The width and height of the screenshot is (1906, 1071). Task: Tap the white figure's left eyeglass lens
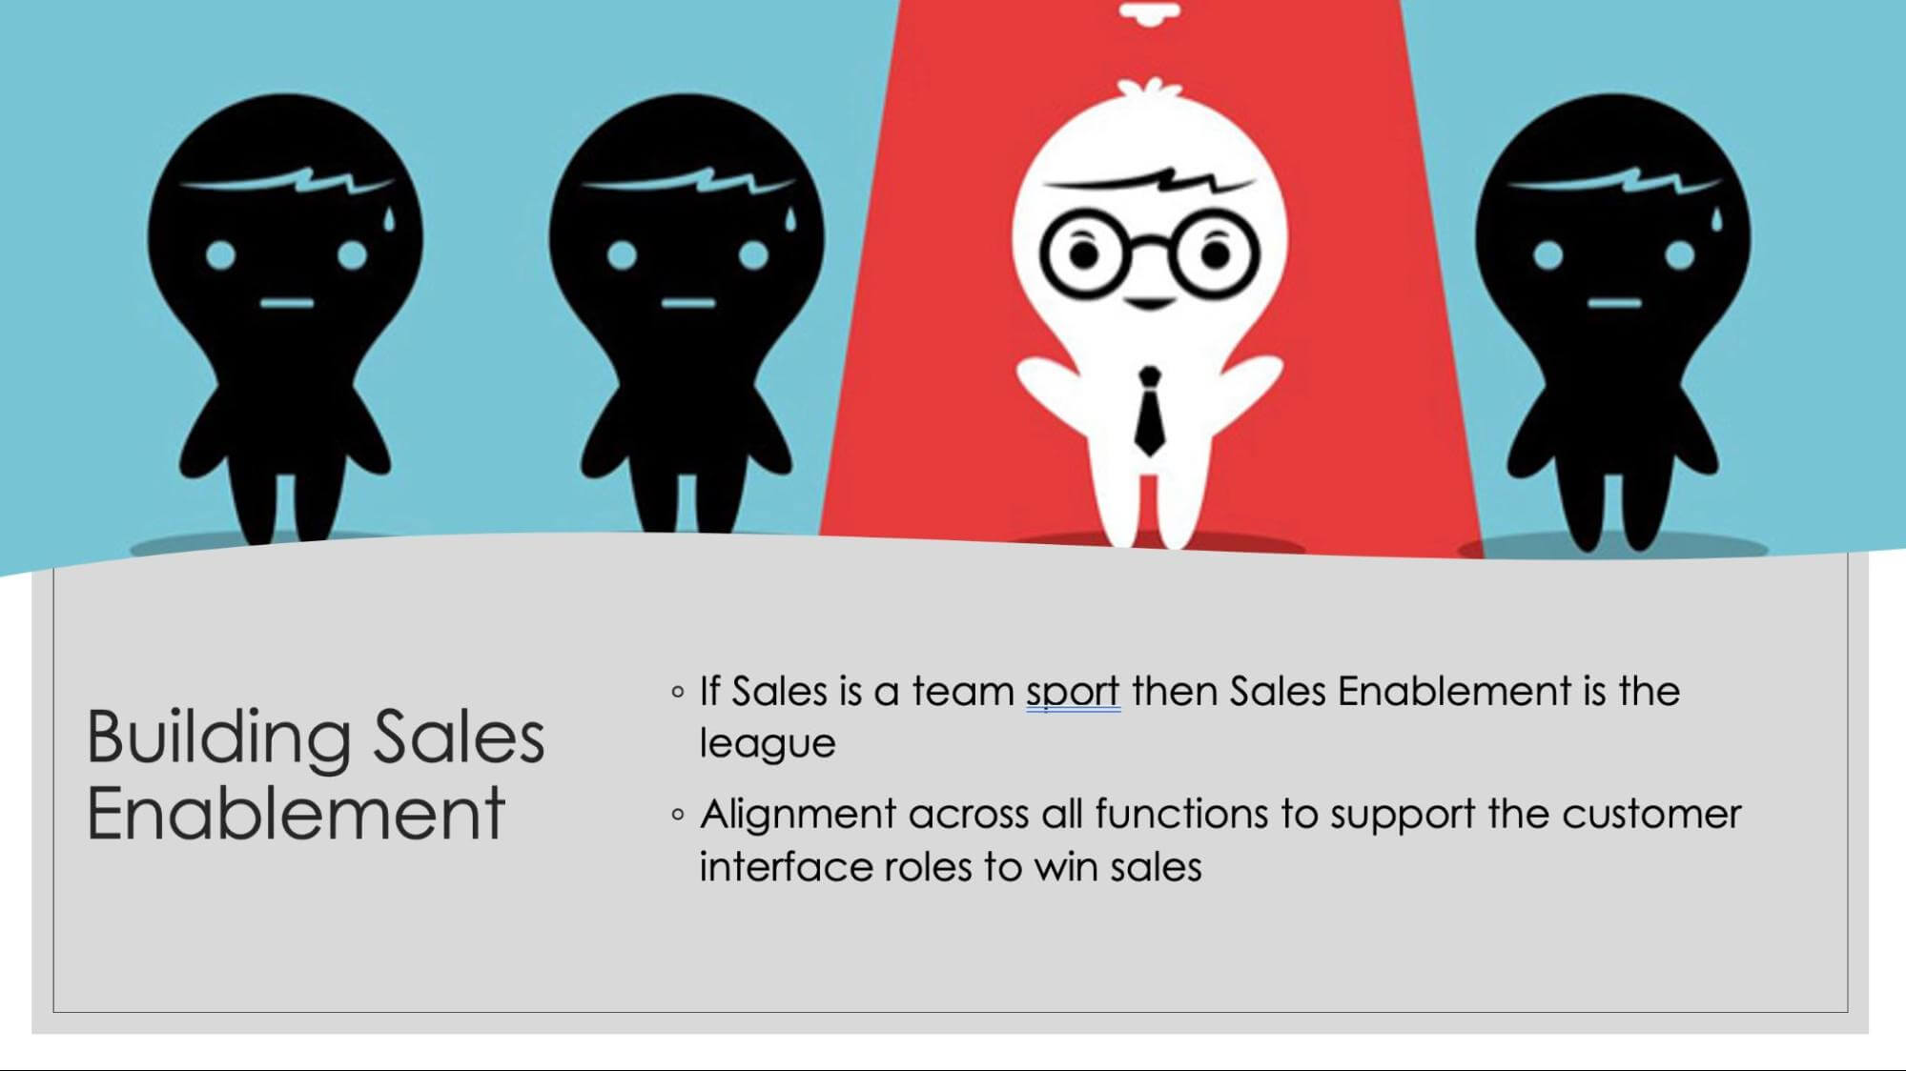click(x=1084, y=254)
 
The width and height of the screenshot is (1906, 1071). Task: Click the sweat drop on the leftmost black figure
click(x=388, y=218)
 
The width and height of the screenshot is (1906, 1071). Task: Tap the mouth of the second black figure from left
click(x=688, y=304)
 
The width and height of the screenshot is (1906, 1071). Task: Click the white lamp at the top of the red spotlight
click(x=1149, y=11)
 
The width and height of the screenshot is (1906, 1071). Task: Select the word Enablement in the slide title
click(x=296, y=813)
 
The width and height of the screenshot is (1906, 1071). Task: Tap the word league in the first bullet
click(x=768, y=744)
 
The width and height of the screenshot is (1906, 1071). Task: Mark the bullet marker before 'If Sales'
click(x=678, y=692)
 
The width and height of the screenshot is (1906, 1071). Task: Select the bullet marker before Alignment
click(x=678, y=815)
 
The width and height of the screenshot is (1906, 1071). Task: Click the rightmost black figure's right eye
click(x=1680, y=255)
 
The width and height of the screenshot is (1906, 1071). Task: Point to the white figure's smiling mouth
click(x=1150, y=303)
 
